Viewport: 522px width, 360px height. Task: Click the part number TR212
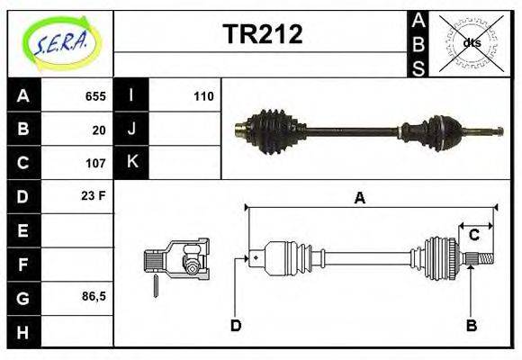(262, 34)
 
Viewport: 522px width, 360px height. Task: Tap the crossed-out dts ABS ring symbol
(471, 42)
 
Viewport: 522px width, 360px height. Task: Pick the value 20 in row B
(99, 130)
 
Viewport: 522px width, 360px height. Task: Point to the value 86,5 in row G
(93, 295)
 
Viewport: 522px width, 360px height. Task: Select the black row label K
(131, 163)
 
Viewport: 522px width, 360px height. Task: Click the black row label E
(23, 230)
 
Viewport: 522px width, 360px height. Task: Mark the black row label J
(131, 130)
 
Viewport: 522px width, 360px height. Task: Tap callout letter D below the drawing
(236, 325)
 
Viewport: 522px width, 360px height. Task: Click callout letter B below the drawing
(471, 325)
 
